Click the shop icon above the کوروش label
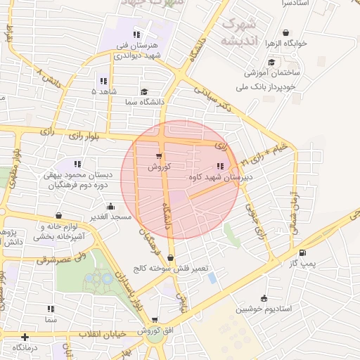[x=158, y=156]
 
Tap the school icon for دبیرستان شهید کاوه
[x=220, y=166]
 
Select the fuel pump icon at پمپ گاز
[x=302, y=253]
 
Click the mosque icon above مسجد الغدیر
[x=110, y=207]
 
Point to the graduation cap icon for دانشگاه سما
[x=144, y=91]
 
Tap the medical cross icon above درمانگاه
[x=25, y=337]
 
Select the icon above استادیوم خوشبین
[x=264, y=298]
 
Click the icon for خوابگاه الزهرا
[x=285, y=32]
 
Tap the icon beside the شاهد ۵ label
[x=104, y=81]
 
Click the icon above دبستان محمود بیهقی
[x=68, y=164]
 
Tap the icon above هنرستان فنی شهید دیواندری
[x=136, y=34]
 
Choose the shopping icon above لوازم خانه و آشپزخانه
[x=58, y=215]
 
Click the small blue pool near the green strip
[x=212, y=278]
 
